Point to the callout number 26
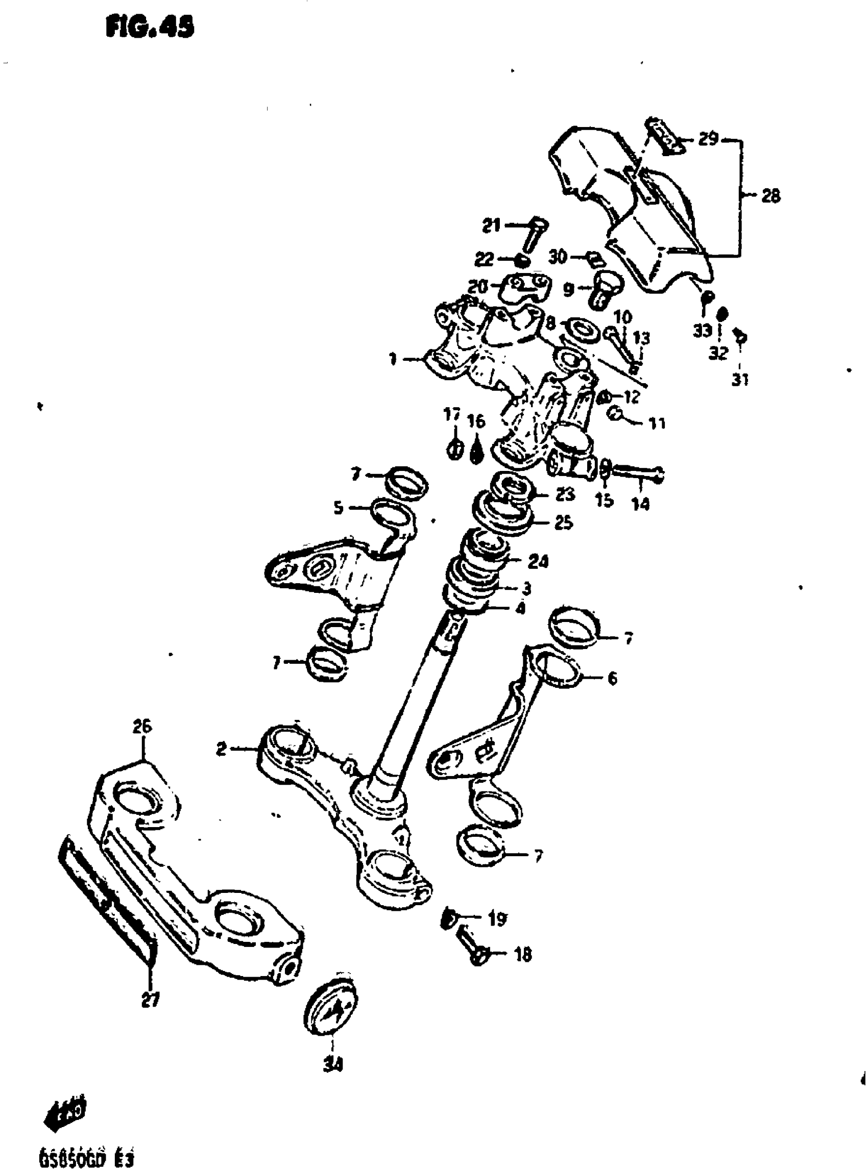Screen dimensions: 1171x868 [x=142, y=727]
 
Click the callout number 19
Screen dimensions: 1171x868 [x=497, y=918]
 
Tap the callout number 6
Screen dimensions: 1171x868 [x=612, y=679]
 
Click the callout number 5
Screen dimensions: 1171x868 [x=339, y=508]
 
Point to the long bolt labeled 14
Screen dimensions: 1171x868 [x=636, y=475]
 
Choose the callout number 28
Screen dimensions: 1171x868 [x=771, y=196]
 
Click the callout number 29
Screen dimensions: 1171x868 [x=708, y=140]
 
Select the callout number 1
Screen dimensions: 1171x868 [x=393, y=360]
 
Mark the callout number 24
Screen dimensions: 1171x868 [x=538, y=562]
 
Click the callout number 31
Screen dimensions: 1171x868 [x=740, y=379]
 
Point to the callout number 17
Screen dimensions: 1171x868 [x=452, y=415]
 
